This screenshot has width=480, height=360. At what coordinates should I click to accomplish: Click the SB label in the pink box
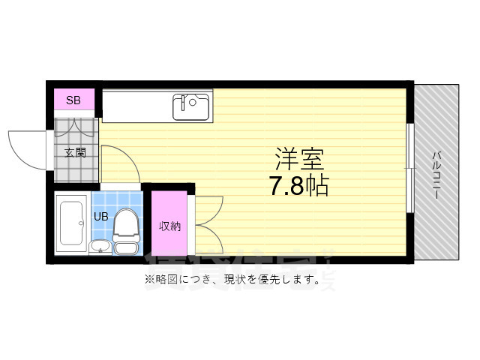click(74, 100)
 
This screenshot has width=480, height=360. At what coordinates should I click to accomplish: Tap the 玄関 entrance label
click(75, 152)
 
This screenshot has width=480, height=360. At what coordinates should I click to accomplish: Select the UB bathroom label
click(100, 217)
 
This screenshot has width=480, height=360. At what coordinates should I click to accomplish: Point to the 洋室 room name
click(298, 159)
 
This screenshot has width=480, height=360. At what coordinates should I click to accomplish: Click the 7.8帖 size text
click(298, 185)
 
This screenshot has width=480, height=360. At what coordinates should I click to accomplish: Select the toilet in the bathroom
click(126, 229)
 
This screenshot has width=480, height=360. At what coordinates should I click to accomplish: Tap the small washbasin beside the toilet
click(99, 246)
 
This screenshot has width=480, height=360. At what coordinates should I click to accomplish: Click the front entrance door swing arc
click(28, 150)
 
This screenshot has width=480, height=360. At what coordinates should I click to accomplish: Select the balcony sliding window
click(410, 169)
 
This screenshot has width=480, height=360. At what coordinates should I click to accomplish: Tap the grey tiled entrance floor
click(75, 169)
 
